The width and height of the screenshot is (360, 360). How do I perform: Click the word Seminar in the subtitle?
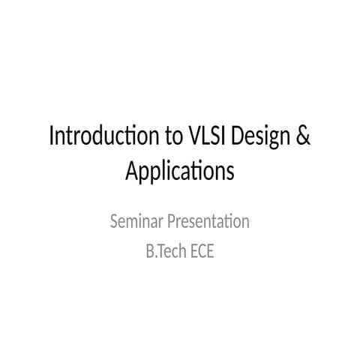135,222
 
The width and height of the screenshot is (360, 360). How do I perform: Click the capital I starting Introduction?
51,138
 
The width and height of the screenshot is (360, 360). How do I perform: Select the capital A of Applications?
131,172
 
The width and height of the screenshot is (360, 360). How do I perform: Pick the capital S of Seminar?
114,222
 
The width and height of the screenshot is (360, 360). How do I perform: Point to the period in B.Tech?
154,256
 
